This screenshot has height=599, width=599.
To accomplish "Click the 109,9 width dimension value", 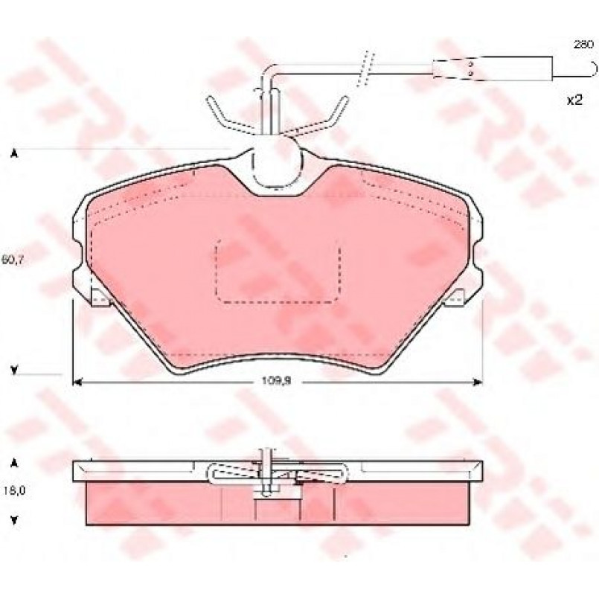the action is point(276,381).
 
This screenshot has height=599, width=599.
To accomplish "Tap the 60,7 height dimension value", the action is point(13,260).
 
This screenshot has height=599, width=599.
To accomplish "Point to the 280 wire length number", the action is point(583,44).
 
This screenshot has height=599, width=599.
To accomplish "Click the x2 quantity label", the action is point(574,100).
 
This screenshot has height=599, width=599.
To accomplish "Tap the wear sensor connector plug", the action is point(493,68).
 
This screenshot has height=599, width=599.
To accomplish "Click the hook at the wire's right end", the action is point(592,69).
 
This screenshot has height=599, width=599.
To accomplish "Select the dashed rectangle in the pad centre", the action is point(278,272).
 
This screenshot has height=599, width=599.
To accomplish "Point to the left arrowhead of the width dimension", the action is point(77,382).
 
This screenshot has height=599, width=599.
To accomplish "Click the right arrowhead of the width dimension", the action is point(478,382).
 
